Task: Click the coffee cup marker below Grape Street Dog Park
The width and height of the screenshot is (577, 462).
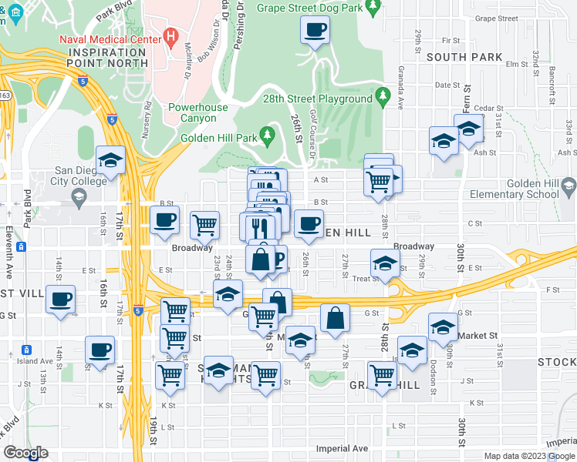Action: point(314,31)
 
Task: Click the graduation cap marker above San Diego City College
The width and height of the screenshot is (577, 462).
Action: point(111,161)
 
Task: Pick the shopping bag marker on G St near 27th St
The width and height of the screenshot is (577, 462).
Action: point(336,318)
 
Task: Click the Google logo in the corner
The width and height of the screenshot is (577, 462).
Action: point(25,453)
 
